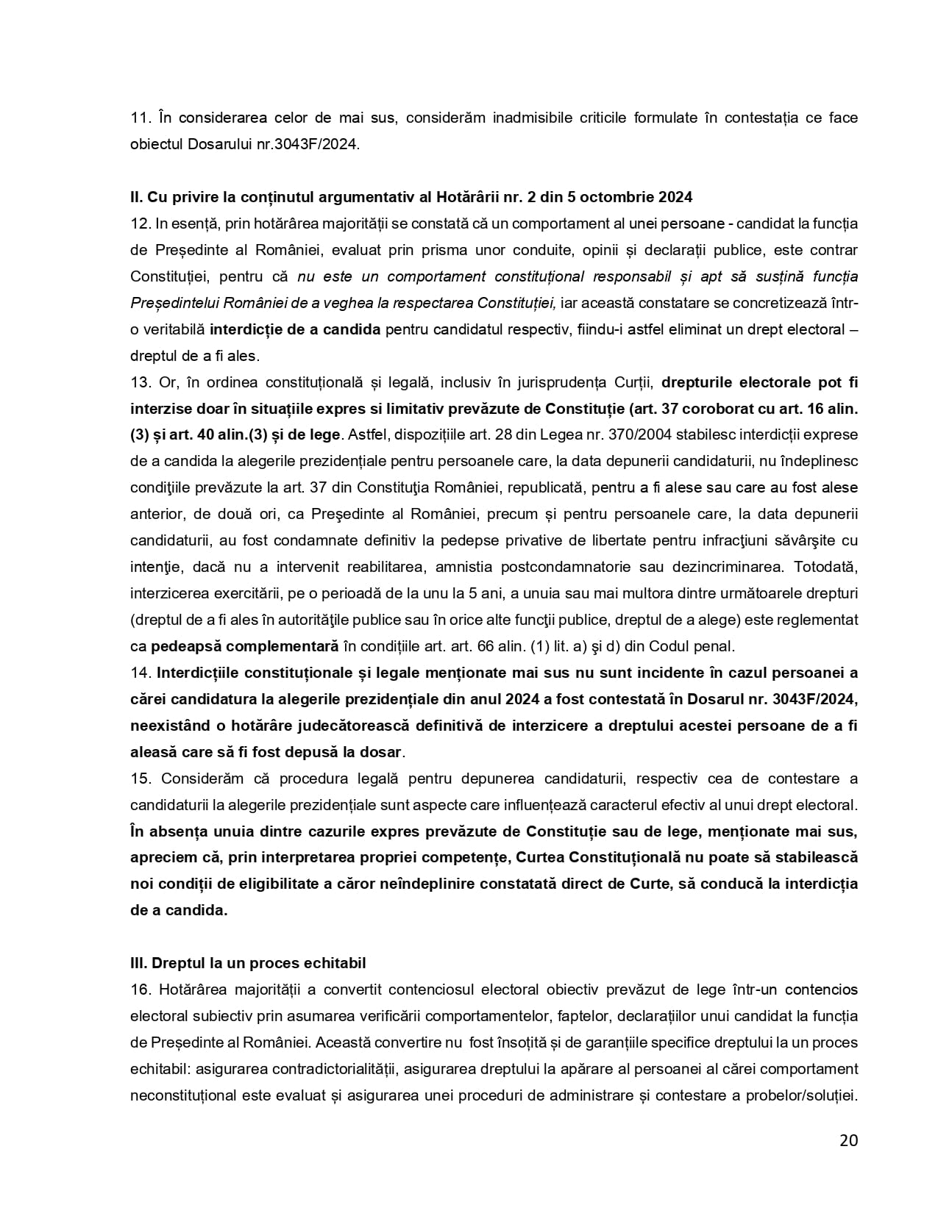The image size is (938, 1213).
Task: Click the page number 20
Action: click(x=848, y=1140)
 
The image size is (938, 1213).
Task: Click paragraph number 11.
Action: click(x=140, y=118)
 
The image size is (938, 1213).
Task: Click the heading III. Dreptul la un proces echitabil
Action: click(x=248, y=963)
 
